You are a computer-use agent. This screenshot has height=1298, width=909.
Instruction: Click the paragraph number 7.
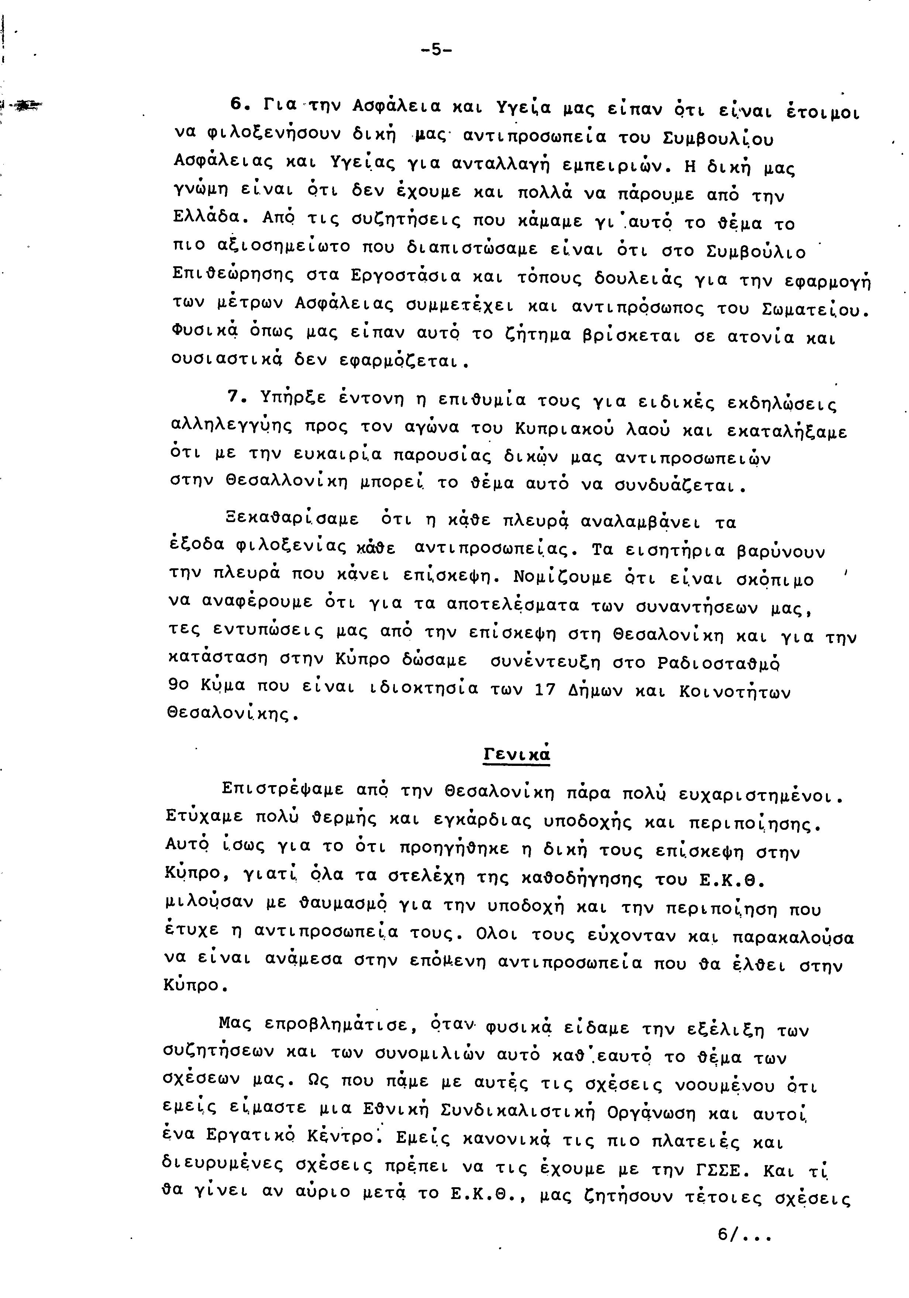point(236,397)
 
